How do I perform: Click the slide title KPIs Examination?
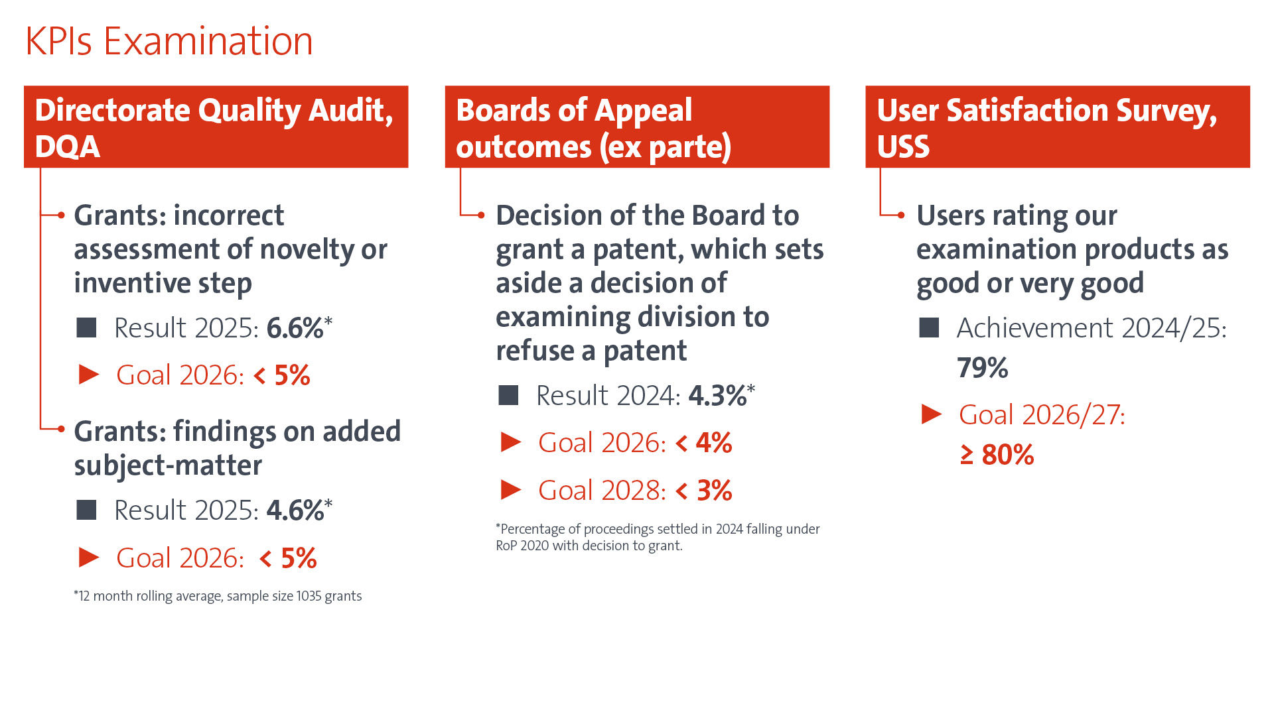[x=169, y=41]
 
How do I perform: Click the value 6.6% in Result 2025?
[x=295, y=328]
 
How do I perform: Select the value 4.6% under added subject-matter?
[x=295, y=510]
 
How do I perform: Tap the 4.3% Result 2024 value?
[x=717, y=396]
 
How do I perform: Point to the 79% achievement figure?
[x=982, y=368]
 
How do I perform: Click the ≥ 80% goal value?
[x=997, y=455]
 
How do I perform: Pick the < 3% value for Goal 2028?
[x=704, y=491]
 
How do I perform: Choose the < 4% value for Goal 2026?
[x=704, y=443]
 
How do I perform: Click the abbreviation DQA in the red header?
[x=68, y=147]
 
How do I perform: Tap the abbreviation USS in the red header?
[x=903, y=147]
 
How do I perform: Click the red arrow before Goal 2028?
[x=511, y=490]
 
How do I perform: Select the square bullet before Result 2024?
[x=508, y=396]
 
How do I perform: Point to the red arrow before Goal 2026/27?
[x=932, y=414]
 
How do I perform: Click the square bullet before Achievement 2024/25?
[x=929, y=328]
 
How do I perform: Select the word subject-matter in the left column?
[x=168, y=465]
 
